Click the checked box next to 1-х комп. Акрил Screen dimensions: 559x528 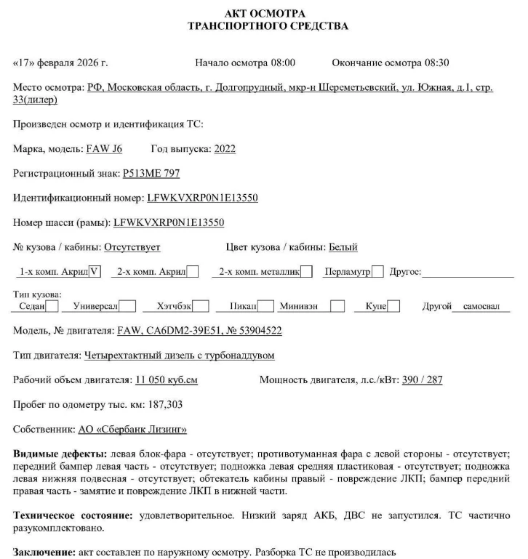pyautogui.click(x=95, y=272)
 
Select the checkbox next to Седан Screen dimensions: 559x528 pyautogui.click(x=52, y=306)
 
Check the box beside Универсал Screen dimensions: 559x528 pyautogui.click(x=127, y=306)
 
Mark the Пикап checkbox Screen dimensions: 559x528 pyautogui.click(x=266, y=306)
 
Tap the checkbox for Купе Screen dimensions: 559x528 pyautogui.click(x=393, y=306)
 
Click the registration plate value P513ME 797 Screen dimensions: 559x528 pyautogui.click(x=151, y=173)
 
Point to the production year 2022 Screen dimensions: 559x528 pyautogui.click(x=224, y=149)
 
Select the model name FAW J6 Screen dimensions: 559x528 pyautogui.click(x=104, y=149)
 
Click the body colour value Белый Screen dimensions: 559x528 pyautogui.click(x=343, y=247)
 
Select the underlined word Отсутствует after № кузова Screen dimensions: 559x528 pyautogui.click(x=132, y=247)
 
